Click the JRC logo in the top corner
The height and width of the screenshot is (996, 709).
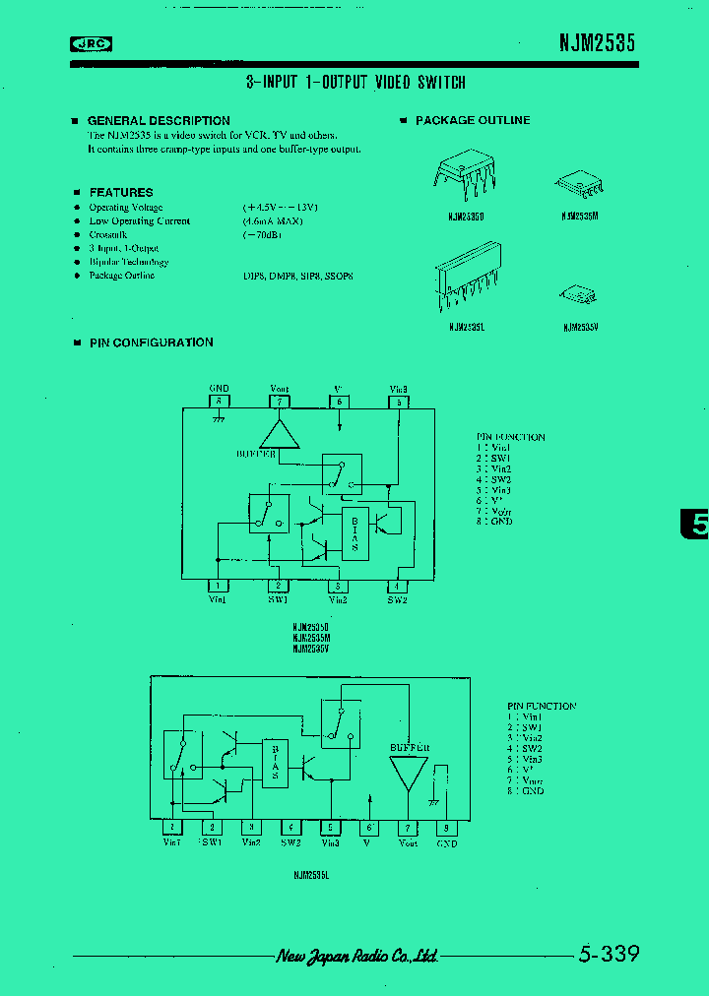click(92, 43)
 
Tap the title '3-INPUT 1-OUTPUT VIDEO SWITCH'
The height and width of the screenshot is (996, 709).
click(355, 83)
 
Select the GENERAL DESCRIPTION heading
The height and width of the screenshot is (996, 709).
click(159, 120)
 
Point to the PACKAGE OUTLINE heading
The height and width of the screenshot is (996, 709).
click(473, 120)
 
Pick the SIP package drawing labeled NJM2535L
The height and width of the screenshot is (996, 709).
click(468, 280)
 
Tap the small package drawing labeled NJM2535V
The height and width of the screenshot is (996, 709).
click(575, 293)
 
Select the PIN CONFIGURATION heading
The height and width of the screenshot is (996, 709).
click(151, 342)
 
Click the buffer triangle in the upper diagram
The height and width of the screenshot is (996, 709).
click(280, 433)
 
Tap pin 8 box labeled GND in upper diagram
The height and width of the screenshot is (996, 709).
click(220, 401)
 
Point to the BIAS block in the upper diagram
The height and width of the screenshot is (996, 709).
click(354, 532)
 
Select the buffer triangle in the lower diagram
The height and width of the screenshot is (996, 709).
click(408, 774)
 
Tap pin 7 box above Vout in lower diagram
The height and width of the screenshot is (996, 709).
click(408, 828)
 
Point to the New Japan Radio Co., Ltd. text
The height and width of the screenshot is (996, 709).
click(355, 956)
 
